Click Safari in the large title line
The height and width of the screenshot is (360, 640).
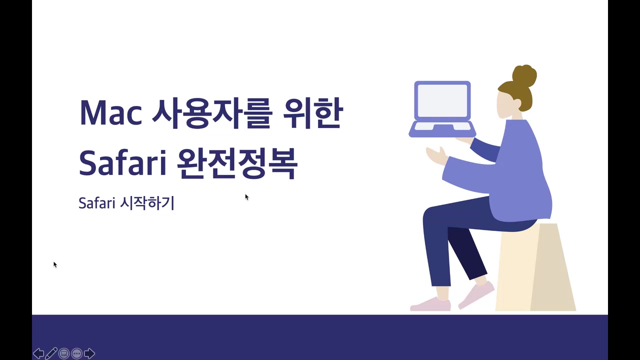122,162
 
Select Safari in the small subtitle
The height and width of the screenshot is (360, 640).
97,203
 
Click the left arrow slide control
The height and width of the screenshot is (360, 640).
38,353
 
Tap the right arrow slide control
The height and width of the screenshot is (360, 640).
89,353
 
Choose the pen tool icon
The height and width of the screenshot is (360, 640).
51,353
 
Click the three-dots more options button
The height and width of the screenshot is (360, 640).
76,353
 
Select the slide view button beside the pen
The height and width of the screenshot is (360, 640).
64,353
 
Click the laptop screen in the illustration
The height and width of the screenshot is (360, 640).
442,101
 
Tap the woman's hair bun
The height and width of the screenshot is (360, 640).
524,75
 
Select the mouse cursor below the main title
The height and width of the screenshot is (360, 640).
246,197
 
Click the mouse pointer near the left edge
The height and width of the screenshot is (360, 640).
55,264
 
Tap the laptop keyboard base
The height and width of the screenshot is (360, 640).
442,129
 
